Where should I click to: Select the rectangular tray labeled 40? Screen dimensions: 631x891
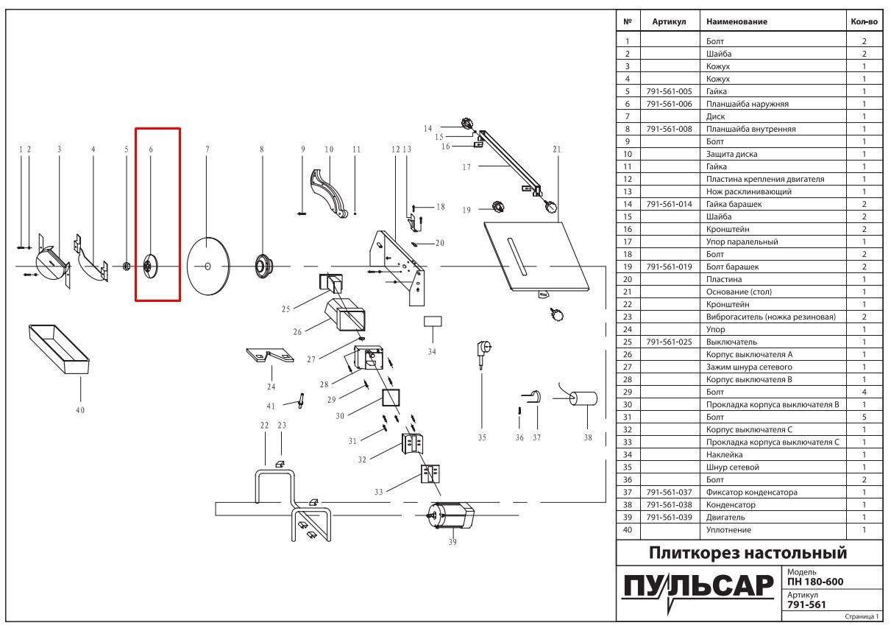(58, 346)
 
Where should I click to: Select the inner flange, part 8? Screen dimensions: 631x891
(261, 265)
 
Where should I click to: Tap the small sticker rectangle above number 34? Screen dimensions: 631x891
(432, 322)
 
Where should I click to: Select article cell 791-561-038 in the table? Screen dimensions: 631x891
(669, 505)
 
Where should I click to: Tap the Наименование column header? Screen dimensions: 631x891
(736, 21)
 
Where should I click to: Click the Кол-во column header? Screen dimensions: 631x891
(864, 21)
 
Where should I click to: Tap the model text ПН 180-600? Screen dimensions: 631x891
(815, 582)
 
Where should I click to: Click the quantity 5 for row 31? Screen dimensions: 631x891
(864, 417)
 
